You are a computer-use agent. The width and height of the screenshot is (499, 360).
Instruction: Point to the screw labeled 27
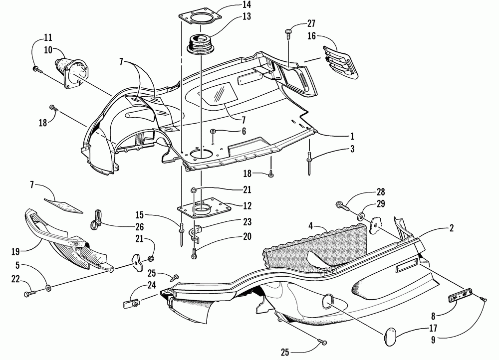289,33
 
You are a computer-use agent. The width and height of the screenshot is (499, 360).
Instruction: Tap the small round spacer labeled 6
213,132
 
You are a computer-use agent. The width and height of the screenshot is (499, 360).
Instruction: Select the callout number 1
352,136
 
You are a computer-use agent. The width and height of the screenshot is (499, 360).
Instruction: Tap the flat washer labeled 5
48,288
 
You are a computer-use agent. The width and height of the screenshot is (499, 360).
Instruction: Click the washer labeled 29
360,217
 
